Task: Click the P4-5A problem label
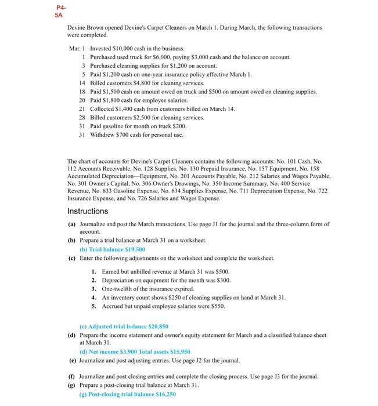pyautogui.click(x=61, y=11)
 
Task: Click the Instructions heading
pyautogui.click(x=88, y=211)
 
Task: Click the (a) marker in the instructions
pyautogui.click(x=71, y=224)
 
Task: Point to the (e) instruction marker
pyautogui.click(x=71, y=360)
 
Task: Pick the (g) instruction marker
pyautogui.click(x=71, y=385)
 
